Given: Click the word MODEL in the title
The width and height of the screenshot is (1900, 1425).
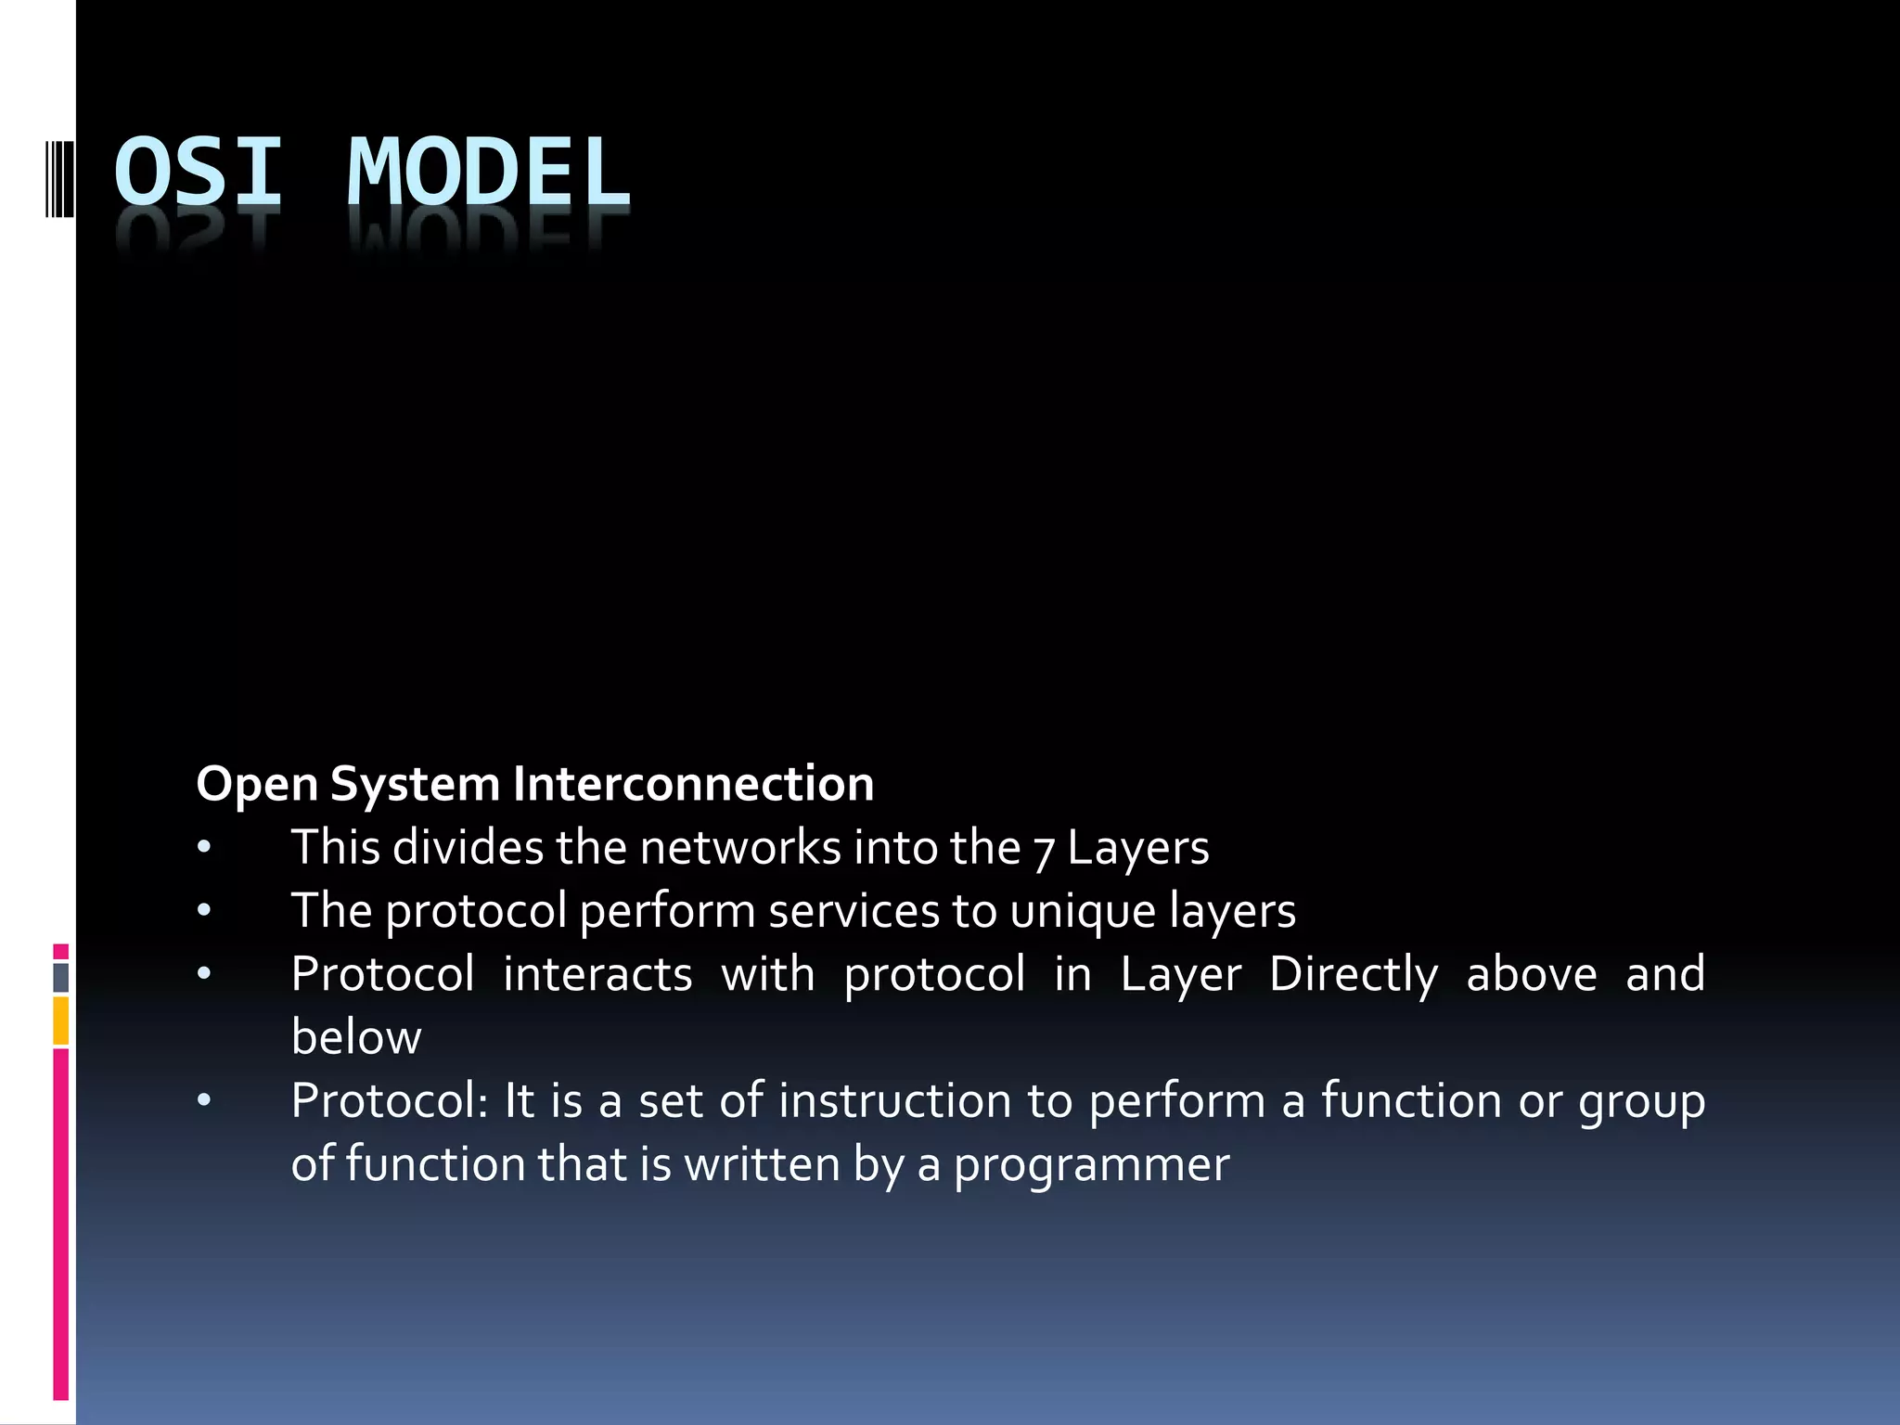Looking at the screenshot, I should [489, 172].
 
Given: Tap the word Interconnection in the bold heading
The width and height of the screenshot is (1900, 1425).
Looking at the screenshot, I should [693, 784].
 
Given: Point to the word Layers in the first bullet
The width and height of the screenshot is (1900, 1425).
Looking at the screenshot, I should [1138, 848].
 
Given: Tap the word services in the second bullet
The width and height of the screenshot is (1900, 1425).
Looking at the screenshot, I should [854, 911].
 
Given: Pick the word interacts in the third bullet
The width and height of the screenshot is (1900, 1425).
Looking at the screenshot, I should [597, 974].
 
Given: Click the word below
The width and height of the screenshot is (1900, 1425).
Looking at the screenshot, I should [356, 1037].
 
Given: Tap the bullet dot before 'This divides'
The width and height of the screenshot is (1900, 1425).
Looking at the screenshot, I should [204, 848].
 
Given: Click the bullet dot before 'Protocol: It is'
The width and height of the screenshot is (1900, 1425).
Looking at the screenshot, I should [204, 1101].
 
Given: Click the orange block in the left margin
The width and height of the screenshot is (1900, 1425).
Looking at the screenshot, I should [60, 1021].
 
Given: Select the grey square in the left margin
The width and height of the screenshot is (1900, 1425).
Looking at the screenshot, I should [60, 977].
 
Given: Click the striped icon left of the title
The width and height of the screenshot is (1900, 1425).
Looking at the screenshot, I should [59, 175].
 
